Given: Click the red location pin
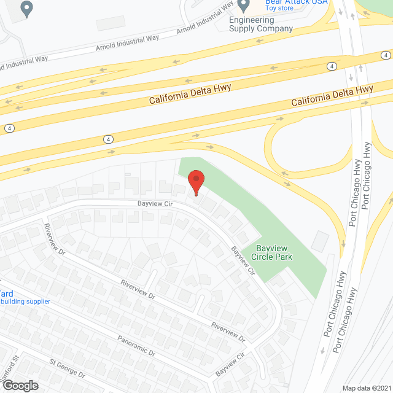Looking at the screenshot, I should (196, 182).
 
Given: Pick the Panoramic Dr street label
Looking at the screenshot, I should (136, 346).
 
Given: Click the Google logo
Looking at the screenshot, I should (20, 385).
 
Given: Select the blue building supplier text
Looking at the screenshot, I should (25, 302).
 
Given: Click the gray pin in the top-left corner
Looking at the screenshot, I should (27, 8).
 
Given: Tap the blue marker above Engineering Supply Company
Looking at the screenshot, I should (244, 6).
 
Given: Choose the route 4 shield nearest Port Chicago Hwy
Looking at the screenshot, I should (331, 66).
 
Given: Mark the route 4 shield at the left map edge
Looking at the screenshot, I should (9, 128).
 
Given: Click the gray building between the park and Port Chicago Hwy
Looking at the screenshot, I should (321, 241).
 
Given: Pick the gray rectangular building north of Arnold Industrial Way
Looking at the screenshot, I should (111, 23).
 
